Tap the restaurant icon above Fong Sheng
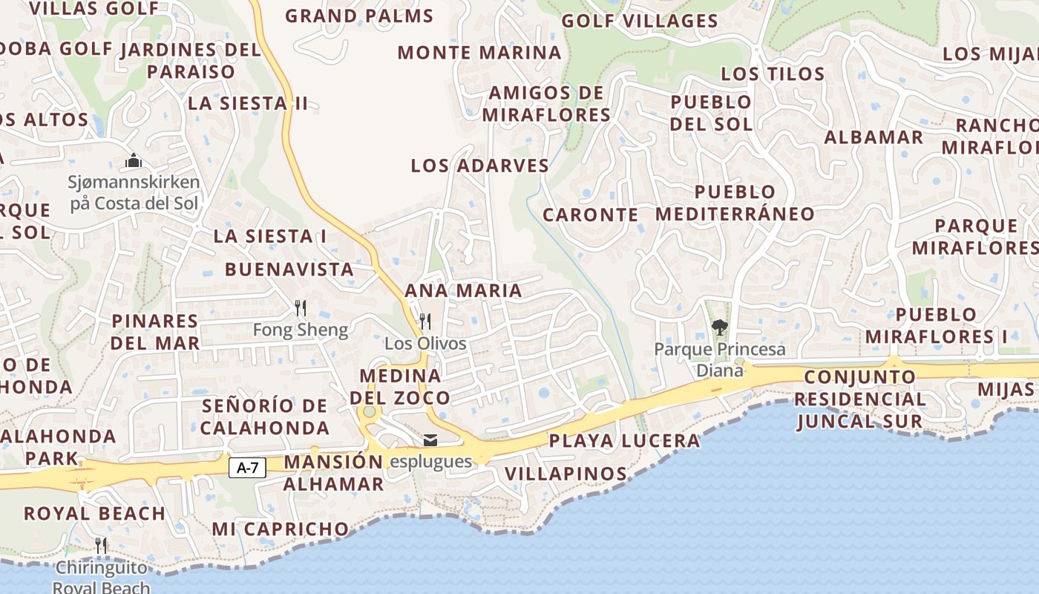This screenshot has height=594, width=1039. [301, 307]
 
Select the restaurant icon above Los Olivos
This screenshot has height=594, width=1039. [425, 321]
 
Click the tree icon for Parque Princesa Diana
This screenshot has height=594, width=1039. [719, 326]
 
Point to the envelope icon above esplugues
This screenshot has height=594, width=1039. [430, 441]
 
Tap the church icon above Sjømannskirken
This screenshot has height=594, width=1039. [134, 160]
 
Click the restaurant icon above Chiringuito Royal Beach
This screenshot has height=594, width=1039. [101, 546]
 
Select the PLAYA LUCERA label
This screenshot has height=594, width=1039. [624, 441]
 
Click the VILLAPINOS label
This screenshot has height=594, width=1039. [566, 474]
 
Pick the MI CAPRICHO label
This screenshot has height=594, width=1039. [280, 529]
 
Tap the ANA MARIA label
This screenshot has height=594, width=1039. [463, 290]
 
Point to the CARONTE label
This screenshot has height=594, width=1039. [590, 215]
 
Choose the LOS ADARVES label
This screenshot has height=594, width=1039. [479, 166]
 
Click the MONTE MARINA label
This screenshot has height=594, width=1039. [479, 53]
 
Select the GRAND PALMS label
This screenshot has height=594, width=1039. [359, 16]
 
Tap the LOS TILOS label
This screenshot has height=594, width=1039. [773, 74]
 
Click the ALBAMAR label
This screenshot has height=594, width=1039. [874, 137]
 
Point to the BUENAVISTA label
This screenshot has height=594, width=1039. [289, 269]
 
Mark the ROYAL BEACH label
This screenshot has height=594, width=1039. [94, 513]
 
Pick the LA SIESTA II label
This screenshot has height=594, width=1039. [247, 103]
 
